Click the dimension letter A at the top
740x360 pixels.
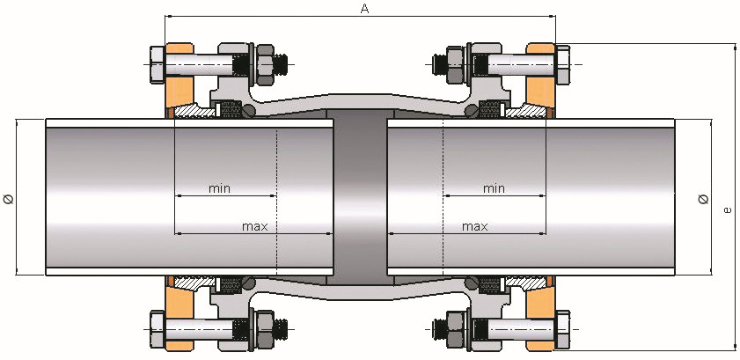tap(364, 9)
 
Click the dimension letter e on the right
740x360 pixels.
tap(727, 209)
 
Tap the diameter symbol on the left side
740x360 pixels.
tap(10, 199)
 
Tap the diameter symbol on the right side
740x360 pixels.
tap(702, 199)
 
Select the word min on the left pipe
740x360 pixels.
tap(220, 187)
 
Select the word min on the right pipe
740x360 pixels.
tap(494, 187)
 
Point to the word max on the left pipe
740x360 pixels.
tap(254, 226)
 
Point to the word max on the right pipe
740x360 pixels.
tap(475, 226)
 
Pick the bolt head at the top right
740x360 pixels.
tap(564, 63)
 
